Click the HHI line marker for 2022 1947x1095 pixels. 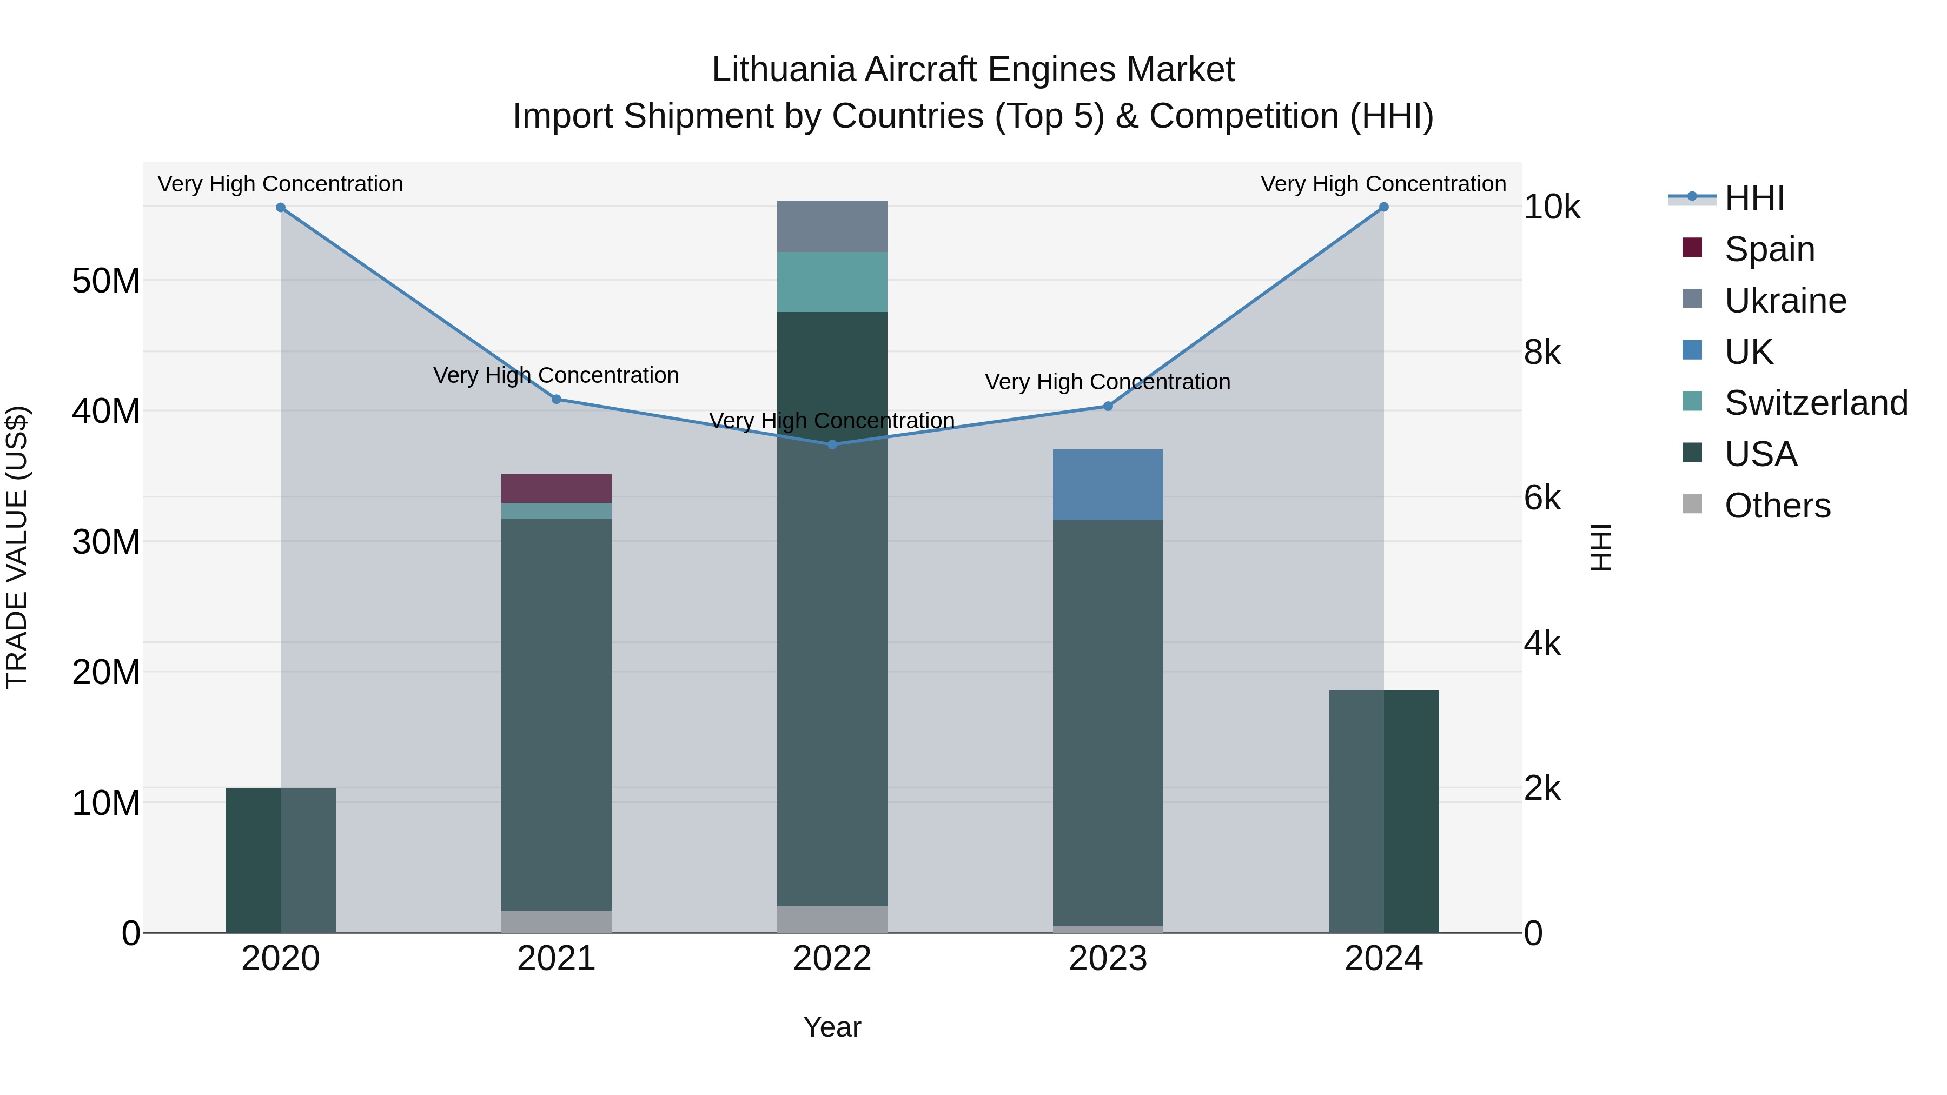pos(832,444)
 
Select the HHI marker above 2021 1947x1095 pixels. pos(557,399)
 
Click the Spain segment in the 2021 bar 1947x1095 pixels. pos(557,489)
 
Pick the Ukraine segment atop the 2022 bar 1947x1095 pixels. pos(832,227)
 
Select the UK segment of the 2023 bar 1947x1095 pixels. pos(1108,485)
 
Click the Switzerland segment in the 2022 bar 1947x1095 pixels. pos(832,282)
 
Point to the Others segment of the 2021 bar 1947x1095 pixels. pos(557,921)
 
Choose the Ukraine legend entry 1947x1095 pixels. pos(1785,301)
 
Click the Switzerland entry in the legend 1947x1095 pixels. pos(1816,403)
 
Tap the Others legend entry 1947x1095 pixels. pos(1777,506)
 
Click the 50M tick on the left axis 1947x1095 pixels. pos(106,281)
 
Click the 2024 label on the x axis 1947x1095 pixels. pos(1383,959)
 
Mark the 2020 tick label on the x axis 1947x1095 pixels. pos(280,959)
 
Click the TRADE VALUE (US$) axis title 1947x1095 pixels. pos(17,547)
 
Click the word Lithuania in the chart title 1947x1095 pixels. pos(783,70)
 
